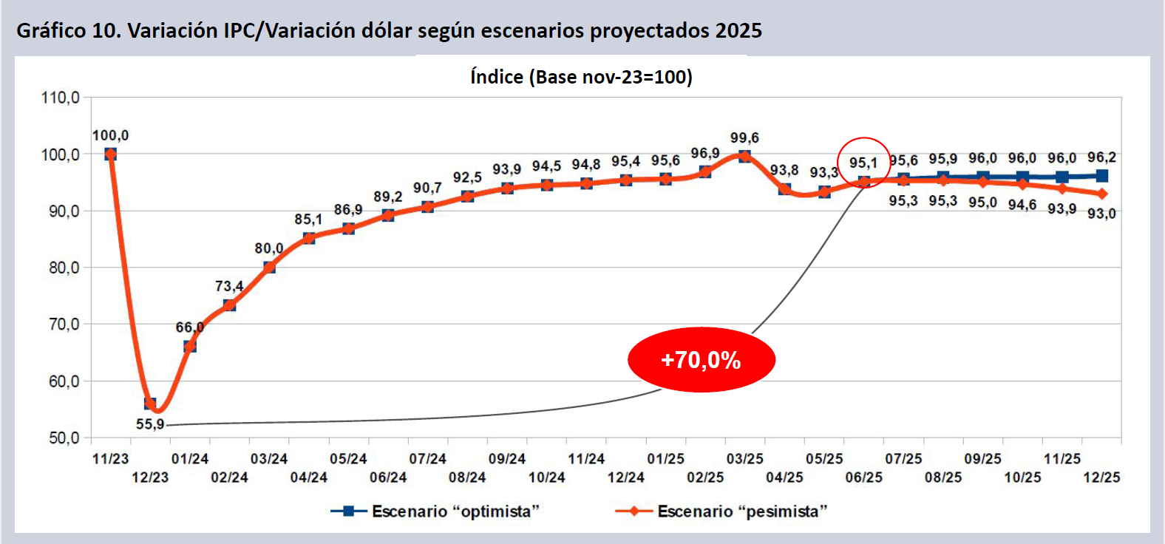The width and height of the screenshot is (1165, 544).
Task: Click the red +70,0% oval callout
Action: [701, 360]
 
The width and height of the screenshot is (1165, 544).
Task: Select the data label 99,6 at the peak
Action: [744, 138]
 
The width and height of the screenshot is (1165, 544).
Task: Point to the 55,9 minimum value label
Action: [150, 424]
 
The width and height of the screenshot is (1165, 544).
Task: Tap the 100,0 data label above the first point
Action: [110, 135]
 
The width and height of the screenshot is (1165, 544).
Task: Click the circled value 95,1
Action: [863, 163]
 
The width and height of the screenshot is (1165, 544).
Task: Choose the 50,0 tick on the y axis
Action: [64, 438]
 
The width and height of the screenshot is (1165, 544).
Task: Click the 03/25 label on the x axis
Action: [744, 459]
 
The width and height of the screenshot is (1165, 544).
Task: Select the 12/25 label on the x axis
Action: [1101, 477]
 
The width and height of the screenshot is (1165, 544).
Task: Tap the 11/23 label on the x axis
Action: [110, 459]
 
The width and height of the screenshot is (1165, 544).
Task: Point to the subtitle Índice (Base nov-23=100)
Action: [582, 77]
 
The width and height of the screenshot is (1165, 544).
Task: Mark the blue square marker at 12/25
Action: [1101, 176]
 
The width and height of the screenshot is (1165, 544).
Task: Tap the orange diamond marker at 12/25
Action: [1101, 194]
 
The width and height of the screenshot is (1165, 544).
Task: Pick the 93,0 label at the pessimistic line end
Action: [1101, 214]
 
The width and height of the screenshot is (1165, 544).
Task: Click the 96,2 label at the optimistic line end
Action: [1101, 157]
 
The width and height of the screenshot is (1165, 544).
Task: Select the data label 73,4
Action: [229, 286]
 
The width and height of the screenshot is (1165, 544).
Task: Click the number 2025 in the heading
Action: [738, 30]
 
